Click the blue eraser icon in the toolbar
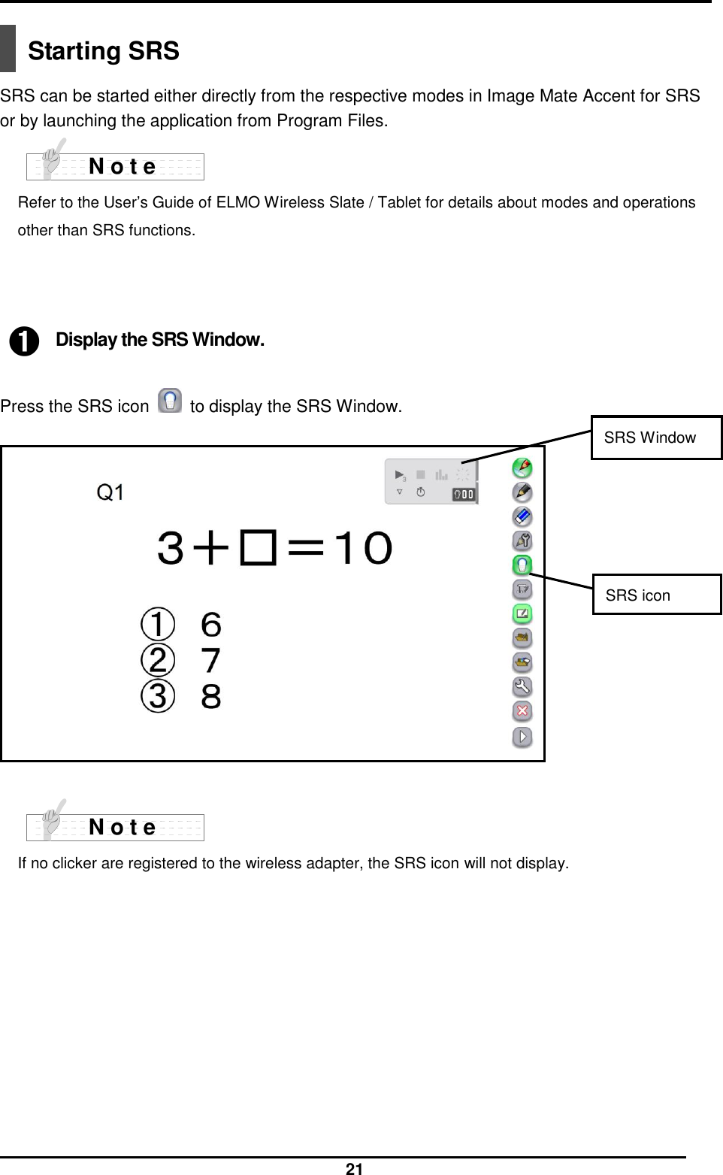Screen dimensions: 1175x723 522,516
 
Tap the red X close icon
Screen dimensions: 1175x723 522,710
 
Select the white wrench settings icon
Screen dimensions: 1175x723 522,686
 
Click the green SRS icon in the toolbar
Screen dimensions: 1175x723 522,565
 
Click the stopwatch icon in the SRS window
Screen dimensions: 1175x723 422,492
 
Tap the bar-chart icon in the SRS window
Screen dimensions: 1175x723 442,474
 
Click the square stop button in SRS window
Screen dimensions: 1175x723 421,474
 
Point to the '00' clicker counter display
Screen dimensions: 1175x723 464,494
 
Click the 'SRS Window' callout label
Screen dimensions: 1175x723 650,438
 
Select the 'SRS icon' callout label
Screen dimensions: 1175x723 638,595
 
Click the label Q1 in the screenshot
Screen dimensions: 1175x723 111,492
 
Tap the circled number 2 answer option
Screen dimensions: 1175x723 158,660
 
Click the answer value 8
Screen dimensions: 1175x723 211,696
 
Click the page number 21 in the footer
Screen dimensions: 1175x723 354,1168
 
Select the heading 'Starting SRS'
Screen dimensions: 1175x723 104,51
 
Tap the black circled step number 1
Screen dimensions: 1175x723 24,341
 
